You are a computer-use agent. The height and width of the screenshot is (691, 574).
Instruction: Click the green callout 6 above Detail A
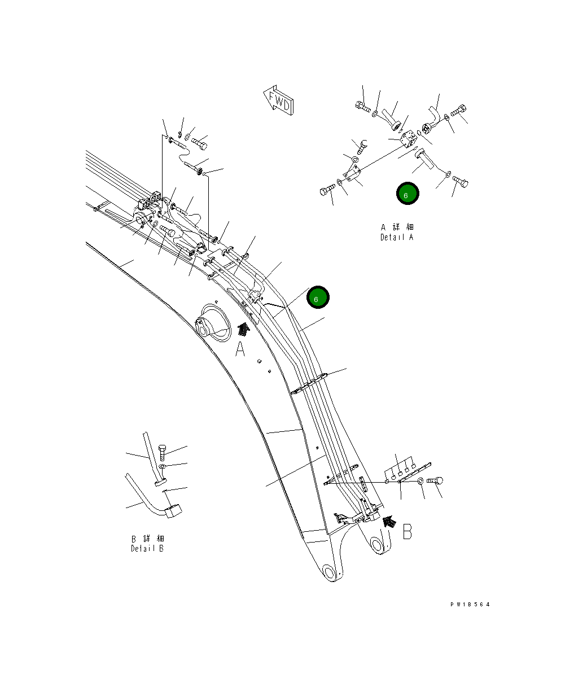(x=406, y=194)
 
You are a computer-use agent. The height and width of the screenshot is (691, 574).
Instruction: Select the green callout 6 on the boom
(x=317, y=298)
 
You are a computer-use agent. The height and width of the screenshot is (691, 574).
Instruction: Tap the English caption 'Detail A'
(x=397, y=237)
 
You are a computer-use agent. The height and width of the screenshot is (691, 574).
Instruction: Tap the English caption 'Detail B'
(x=147, y=548)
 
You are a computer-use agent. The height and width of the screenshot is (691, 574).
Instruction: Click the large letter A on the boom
(x=240, y=350)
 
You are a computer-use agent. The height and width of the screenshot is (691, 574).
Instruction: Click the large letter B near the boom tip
(x=407, y=532)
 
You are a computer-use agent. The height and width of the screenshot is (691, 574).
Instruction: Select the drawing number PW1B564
(x=470, y=605)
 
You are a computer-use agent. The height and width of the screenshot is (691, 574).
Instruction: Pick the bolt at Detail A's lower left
(x=327, y=191)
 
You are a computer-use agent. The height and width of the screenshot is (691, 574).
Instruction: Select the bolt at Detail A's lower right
(x=460, y=182)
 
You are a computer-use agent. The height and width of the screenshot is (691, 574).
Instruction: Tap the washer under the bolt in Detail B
(x=163, y=467)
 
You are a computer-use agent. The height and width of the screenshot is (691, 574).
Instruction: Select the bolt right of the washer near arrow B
(x=435, y=481)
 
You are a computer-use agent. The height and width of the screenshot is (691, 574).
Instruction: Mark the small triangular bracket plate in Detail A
(x=352, y=174)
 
